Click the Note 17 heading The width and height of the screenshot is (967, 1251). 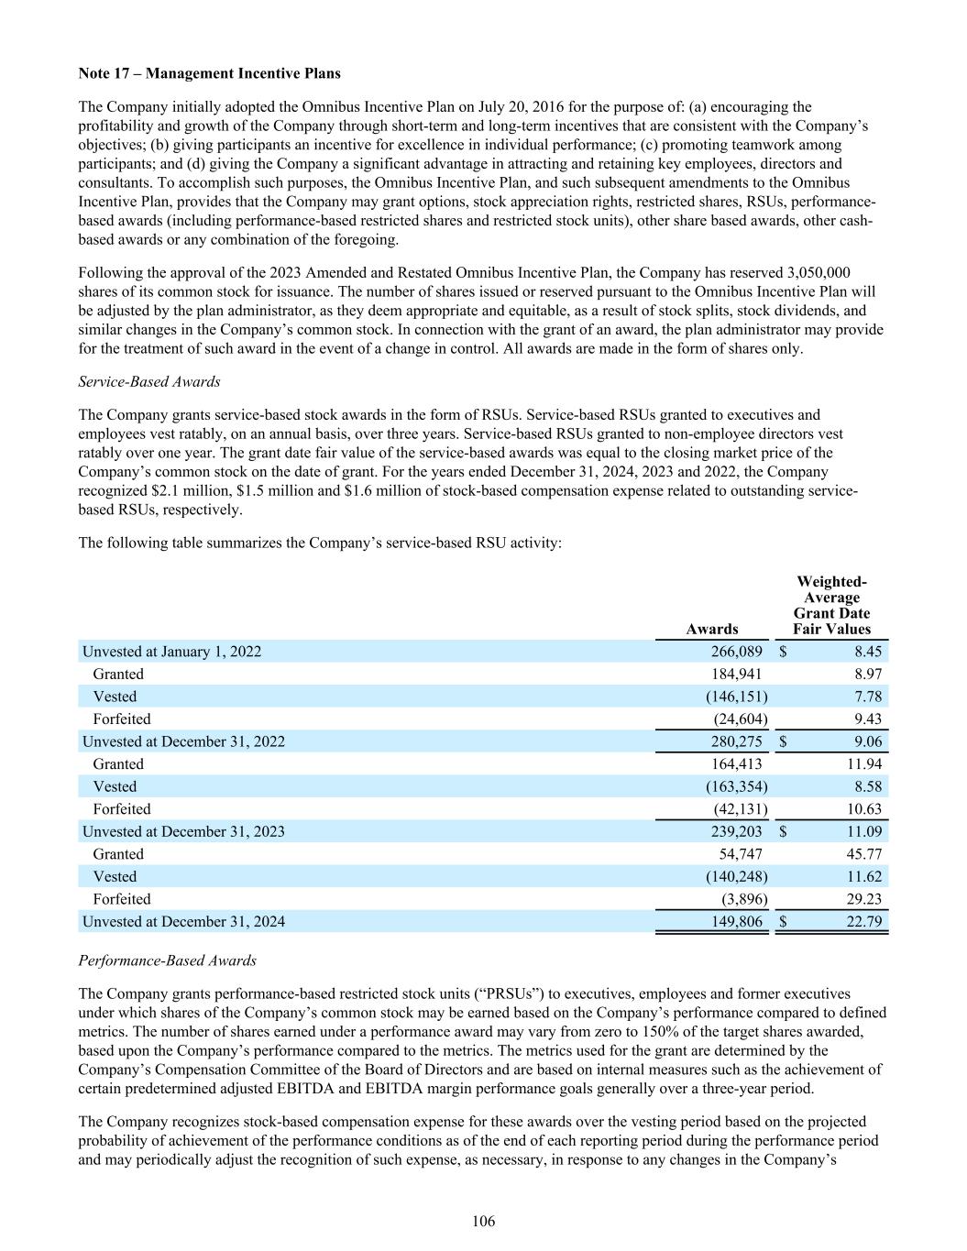(x=209, y=72)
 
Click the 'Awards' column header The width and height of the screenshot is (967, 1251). (x=711, y=629)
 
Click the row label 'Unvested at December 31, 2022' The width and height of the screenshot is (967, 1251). (x=183, y=741)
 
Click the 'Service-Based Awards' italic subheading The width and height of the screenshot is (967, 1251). (x=149, y=381)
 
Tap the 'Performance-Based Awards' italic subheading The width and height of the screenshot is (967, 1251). (x=168, y=961)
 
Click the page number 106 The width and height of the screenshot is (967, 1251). (x=483, y=1222)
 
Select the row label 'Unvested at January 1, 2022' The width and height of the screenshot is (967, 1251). (x=171, y=652)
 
